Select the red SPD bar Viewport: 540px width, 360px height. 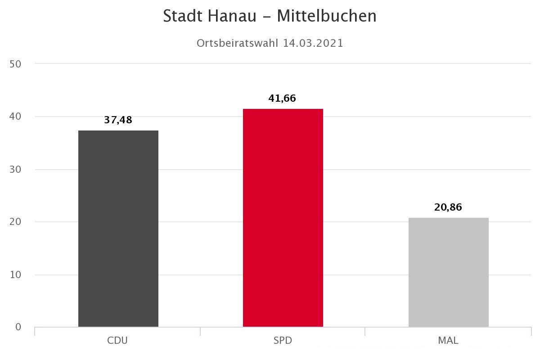click(x=283, y=218)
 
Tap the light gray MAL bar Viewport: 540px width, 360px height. click(x=448, y=272)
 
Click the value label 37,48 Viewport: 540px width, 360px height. click(x=118, y=120)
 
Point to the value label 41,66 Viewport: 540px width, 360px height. click(x=282, y=99)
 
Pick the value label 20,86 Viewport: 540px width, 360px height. click(x=448, y=207)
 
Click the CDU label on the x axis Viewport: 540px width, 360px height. click(x=117, y=341)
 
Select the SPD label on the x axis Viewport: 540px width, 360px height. click(x=283, y=341)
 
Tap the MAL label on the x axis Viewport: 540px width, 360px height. click(x=448, y=341)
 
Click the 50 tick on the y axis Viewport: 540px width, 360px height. click(x=15, y=64)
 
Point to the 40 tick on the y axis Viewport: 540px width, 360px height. click(x=15, y=117)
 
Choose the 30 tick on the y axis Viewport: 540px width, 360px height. click(x=15, y=169)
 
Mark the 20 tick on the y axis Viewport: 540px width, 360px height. click(x=15, y=222)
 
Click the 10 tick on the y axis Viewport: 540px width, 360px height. click(x=15, y=274)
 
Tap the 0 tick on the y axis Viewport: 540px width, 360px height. click(x=18, y=327)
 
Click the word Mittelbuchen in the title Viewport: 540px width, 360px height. click(x=326, y=16)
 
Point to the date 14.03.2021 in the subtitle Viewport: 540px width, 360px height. click(x=313, y=43)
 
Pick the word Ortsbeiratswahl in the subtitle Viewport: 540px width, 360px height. click(x=237, y=43)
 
